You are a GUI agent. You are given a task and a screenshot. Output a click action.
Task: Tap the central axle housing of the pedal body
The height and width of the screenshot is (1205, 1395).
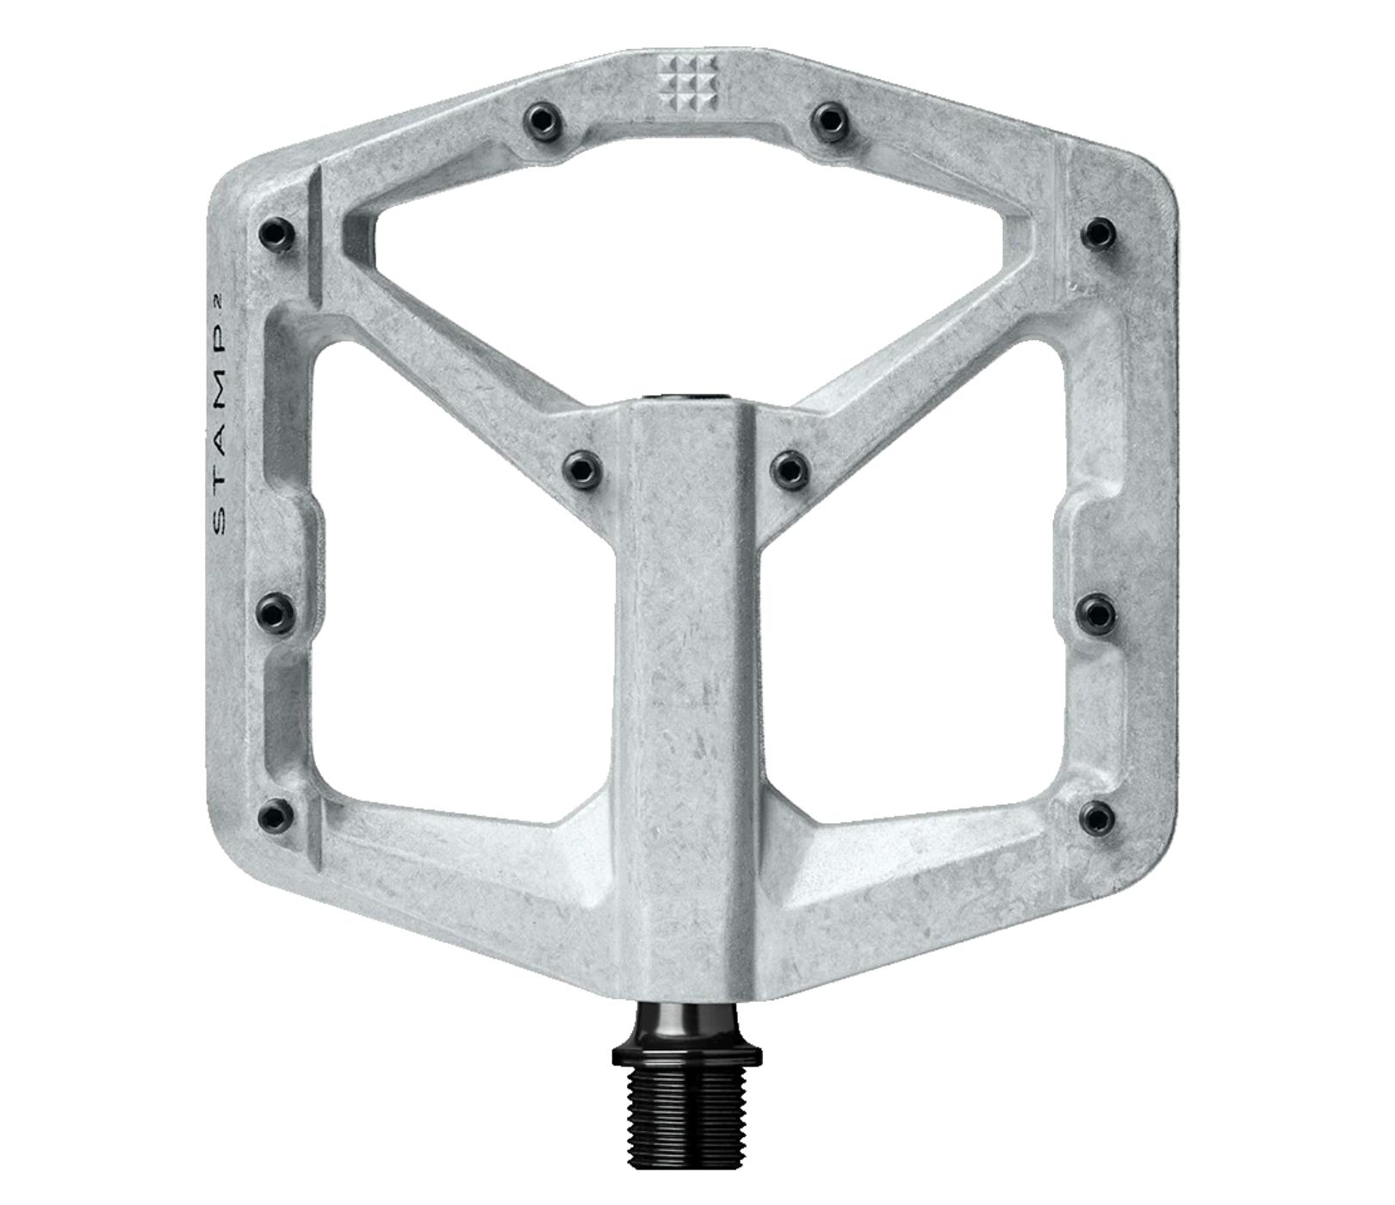click(687, 689)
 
